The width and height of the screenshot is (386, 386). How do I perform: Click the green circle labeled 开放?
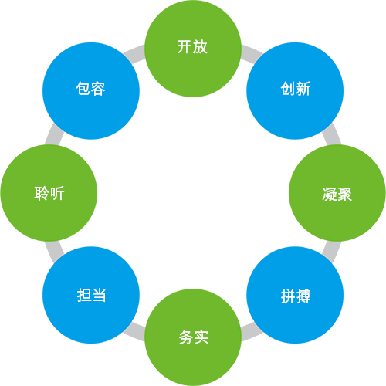tap(193, 49)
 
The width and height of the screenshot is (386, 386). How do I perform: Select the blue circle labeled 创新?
tap(295, 91)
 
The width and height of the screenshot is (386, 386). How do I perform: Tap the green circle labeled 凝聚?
tap(337, 193)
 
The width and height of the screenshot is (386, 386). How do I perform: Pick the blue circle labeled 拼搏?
tap(295, 295)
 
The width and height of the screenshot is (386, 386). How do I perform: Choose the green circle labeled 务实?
tap(193, 337)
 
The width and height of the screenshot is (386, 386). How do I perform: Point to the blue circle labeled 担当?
tap(91, 295)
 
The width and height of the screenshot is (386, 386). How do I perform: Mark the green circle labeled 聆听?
tap(49, 193)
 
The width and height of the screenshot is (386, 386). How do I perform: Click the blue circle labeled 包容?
tap(91, 91)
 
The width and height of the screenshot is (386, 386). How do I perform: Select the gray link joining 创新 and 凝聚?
tap(331, 134)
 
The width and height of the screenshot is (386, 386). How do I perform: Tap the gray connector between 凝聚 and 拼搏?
tap(331, 252)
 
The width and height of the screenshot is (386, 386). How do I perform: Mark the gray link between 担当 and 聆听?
tap(54, 252)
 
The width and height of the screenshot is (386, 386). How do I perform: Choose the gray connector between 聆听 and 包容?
tap(54, 134)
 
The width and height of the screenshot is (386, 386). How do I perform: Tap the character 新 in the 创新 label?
tap(303, 89)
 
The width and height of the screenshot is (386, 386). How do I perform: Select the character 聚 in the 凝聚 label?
tap(344, 194)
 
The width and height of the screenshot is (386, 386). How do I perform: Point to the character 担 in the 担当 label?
tap(84, 295)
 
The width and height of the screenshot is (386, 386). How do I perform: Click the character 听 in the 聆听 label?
tap(57, 193)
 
